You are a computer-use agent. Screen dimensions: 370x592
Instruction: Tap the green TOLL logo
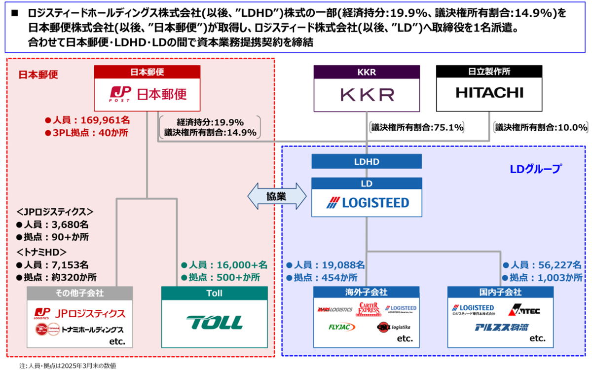pyautogui.click(x=215, y=323)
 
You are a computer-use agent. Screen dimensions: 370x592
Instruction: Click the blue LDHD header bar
pyautogui.click(x=367, y=161)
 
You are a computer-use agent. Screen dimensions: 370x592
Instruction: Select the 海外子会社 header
pyautogui.click(x=367, y=293)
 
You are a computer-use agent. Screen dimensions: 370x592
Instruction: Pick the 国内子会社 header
pyautogui.click(x=500, y=293)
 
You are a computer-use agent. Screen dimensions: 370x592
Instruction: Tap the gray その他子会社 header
pyautogui.click(x=79, y=293)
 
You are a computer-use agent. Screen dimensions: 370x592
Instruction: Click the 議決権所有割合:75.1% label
pyautogui.click(x=417, y=127)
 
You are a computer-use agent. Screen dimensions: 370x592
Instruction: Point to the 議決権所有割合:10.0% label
pyautogui.click(x=541, y=127)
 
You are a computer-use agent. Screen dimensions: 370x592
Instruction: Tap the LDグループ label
pyautogui.click(x=535, y=169)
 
